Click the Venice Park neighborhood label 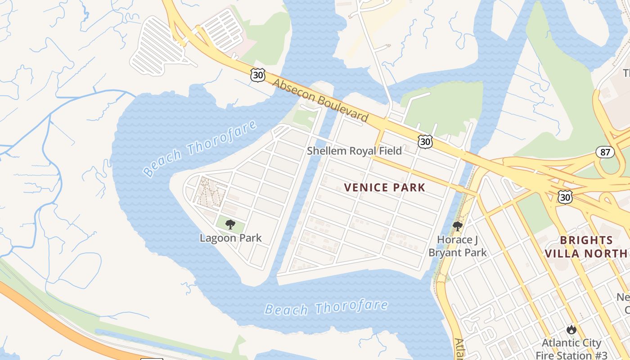[385, 187]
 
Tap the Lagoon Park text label [230, 238]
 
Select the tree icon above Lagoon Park [230, 224]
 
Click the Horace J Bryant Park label [457, 246]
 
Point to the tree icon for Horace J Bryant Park [458, 226]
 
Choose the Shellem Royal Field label [354, 151]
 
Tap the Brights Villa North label [586, 247]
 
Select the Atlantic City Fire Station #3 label [571, 349]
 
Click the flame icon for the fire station [571, 329]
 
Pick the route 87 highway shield [605, 152]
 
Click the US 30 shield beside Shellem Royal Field [425, 142]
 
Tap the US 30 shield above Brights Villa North [566, 197]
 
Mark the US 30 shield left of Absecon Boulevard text [258, 75]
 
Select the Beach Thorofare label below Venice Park [326, 308]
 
